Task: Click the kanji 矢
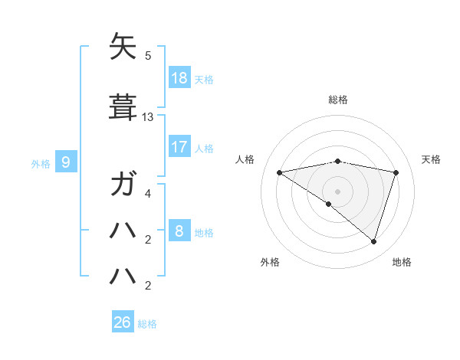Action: point(123,47)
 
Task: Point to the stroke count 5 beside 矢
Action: point(148,56)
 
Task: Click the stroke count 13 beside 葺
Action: point(148,117)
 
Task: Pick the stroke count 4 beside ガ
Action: point(148,194)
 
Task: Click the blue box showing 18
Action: point(179,78)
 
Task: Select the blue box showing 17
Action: point(179,146)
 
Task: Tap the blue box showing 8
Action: point(179,231)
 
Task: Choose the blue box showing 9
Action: point(66,162)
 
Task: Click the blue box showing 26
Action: point(123,322)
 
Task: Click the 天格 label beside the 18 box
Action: point(204,79)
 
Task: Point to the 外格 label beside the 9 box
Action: point(41,162)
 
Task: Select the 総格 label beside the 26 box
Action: point(147,323)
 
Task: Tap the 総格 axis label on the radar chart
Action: point(338,100)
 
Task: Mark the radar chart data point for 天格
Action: point(396,172)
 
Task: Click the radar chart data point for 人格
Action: point(280,172)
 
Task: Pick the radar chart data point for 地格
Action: point(373,241)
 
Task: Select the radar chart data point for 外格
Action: point(329,204)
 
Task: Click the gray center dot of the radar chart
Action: point(337,191)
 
